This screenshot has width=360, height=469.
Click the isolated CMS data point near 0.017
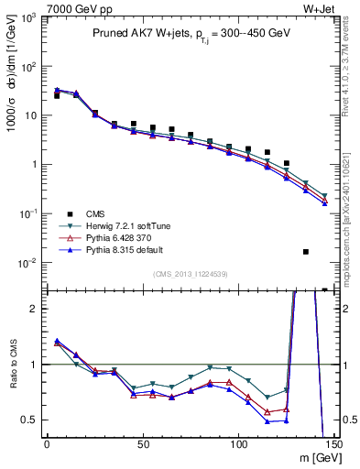(306, 251)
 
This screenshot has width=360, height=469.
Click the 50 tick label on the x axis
(142, 444)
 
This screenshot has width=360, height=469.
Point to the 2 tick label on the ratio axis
(35, 309)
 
